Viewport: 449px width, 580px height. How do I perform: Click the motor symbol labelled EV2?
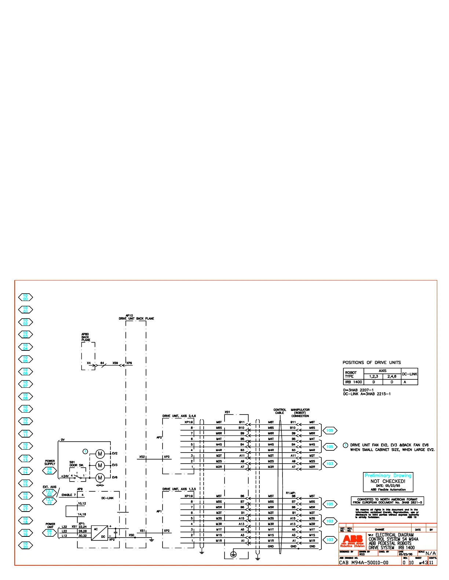(100, 454)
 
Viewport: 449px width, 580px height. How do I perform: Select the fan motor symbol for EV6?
(100, 478)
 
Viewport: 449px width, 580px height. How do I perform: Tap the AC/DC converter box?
(100, 533)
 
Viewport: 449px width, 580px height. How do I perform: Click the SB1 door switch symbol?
(78, 477)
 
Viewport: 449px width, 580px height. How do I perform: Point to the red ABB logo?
(353, 539)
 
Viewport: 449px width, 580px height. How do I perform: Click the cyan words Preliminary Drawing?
(388, 475)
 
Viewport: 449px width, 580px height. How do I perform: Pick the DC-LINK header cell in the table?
(409, 374)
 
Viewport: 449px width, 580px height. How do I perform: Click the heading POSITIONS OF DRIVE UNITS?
(372, 362)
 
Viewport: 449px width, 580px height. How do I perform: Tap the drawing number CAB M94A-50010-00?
(364, 562)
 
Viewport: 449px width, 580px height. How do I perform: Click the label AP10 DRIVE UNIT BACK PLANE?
(136, 317)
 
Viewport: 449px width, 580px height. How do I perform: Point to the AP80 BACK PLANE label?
(85, 337)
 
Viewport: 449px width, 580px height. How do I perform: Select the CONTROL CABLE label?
(280, 411)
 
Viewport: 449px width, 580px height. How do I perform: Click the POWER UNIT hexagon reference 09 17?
(50, 533)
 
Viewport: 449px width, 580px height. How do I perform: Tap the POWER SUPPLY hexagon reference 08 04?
(50, 471)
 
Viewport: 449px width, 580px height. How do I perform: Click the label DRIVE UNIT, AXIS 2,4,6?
(179, 416)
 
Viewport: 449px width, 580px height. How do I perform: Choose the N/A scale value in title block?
(431, 553)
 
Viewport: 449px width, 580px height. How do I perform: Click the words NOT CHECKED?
(388, 481)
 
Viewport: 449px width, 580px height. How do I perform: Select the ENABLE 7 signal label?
(69, 495)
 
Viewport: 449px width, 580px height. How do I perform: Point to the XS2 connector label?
(142, 457)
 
